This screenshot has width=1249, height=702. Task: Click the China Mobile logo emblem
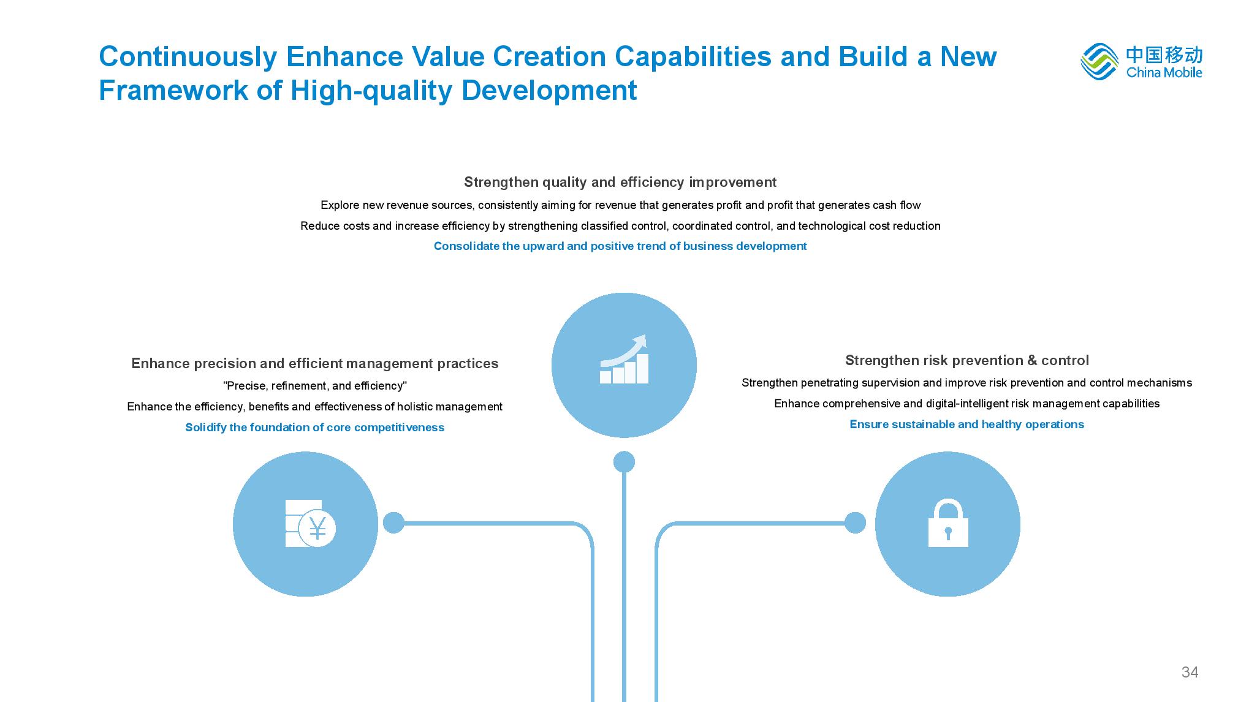(1099, 61)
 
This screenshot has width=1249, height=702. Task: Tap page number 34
(1190, 672)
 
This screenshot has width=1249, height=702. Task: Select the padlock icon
(948, 523)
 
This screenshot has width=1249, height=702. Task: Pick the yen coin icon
(310, 524)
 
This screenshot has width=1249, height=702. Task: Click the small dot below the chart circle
(624, 462)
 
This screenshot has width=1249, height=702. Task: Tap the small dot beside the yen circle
(393, 523)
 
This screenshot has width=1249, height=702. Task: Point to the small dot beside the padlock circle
(855, 523)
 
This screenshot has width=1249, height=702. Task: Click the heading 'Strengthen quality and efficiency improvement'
(620, 182)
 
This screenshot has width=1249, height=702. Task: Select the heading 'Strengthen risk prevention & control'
(967, 360)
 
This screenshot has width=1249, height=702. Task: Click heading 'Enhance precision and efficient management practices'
(315, 363)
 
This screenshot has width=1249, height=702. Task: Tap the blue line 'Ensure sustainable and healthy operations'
(966, 425)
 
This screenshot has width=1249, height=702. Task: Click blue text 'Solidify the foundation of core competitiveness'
(315, 428)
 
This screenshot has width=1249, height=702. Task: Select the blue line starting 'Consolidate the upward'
(620, 246)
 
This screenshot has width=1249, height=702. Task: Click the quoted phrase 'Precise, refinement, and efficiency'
(315, 386)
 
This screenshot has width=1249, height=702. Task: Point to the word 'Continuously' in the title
(188, 57)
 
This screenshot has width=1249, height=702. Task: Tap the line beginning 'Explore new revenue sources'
(620, 205)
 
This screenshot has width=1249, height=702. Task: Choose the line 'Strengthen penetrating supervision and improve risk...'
(966, 383)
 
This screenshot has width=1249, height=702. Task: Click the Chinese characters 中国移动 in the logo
(1164, 55)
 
